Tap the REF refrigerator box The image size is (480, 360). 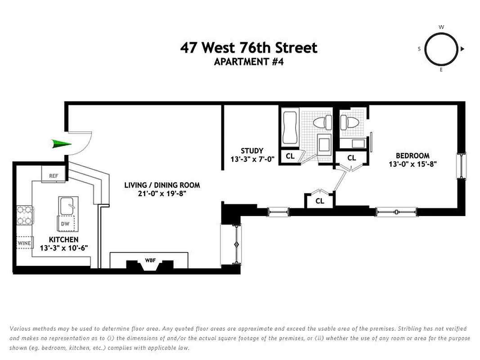tap(53, 175)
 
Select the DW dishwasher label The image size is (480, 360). tap(65, 223)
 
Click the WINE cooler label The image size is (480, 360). tap(24, 243)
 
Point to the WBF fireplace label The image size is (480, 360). tap(149, 260)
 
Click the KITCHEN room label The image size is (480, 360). tap(63, 240)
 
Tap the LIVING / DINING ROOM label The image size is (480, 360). tap(162, 185)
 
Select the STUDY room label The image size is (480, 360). tap(252, 151)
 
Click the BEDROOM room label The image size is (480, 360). tap(413, 156)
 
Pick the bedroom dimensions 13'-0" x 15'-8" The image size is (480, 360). tap(413, 164)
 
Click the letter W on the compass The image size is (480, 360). tap(441, 27)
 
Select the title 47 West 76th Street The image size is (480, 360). tap(249, 48)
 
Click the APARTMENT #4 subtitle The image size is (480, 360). tap(249, 62)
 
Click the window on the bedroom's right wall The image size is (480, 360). tap(461, 165)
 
